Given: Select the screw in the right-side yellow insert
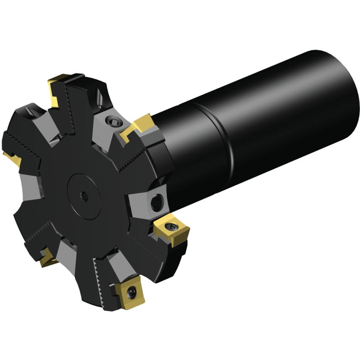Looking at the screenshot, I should click(x=173, y=226).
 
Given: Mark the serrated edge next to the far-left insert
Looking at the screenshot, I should click(x=23, y=145).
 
